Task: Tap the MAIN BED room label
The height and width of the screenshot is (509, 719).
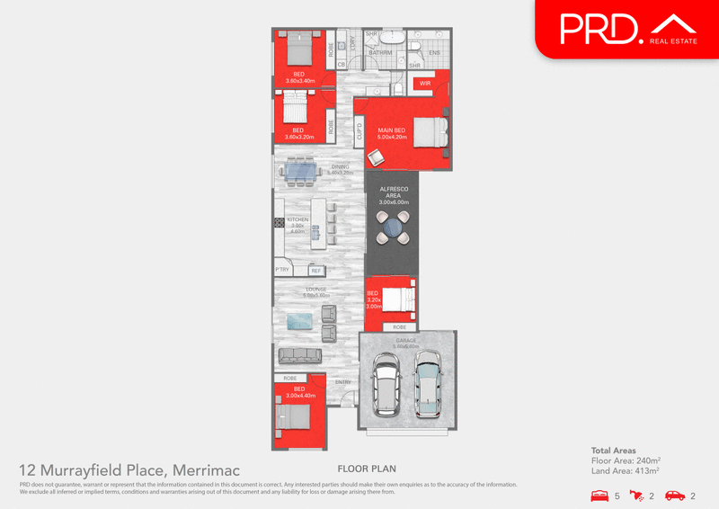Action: pos(392,130)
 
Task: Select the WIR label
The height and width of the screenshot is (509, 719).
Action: pos(425,84)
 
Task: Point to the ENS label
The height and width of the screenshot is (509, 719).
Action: pos(434,53)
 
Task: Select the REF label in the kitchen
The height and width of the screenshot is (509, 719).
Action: pos(315,271)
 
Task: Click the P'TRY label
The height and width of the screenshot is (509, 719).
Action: pos(282,271)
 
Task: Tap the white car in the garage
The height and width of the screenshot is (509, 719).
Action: pos(387,383)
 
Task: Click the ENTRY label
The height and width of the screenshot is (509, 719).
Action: pos(343,382)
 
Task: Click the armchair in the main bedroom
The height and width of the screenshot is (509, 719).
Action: pos(376,156)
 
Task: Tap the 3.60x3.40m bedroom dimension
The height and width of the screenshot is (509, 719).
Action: pos(300,81)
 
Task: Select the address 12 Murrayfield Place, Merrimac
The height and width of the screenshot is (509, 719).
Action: pos(129,469)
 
